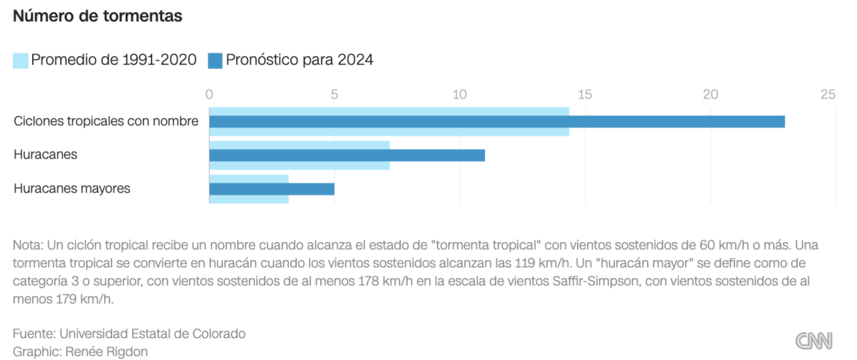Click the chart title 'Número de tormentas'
click(97, 17)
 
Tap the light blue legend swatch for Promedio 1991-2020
click(20, 60)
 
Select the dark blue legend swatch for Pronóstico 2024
click(215, 60)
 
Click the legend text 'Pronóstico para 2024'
click(299, 60)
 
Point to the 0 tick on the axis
click(209, 95)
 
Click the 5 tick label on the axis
click(335, 95)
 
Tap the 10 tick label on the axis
click(460, 95)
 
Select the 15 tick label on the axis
click(585, 95)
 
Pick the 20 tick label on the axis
click(710, 95)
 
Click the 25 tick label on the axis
click(828, 95)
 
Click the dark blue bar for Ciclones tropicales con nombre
click(497, 121)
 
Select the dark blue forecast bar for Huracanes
click(347, 155)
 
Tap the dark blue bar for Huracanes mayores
click(271, 189)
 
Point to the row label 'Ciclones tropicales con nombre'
click(106, 121)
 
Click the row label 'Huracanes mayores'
click(72, 189)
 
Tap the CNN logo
click(814, 341)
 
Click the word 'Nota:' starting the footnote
click(28, 245)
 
